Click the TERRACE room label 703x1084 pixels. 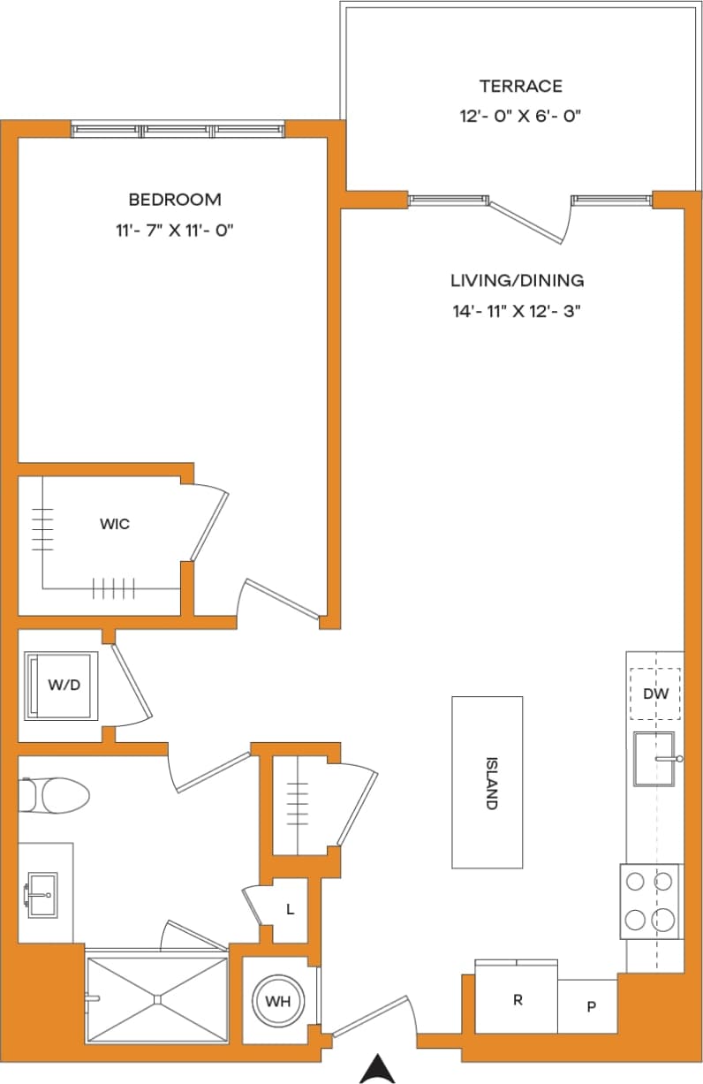click(520, 86)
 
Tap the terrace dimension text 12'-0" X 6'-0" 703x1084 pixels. click(520, 116)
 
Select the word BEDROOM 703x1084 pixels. click(174, 200)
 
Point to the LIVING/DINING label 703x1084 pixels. click(517, 281)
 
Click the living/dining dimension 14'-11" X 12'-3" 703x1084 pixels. click(517, 311)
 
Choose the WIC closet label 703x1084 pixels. click(115, 524)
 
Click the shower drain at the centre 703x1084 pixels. click(156, 999)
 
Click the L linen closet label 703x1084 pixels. click(290, 909)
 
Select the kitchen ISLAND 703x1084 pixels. click(488, 782)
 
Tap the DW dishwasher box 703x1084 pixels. click(654, 694)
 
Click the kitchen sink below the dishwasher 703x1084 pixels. click(654, 758)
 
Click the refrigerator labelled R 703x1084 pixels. click(517, 1000)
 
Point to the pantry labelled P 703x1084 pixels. click(590, 1006)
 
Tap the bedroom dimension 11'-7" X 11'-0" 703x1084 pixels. click(174, 230)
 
